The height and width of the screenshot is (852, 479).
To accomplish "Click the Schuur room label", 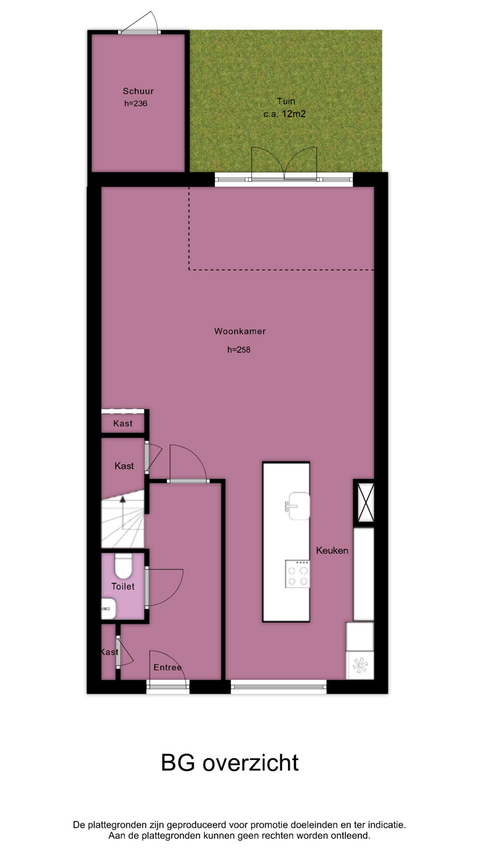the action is [138, 91].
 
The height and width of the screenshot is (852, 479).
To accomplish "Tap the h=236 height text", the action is [136, 103].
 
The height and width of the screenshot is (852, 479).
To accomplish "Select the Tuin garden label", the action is [286, 101].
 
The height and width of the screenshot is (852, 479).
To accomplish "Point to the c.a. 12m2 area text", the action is [284, 114].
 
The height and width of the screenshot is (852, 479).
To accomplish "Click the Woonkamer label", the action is [240, 331].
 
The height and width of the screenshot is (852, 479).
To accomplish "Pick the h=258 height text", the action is [239, 350].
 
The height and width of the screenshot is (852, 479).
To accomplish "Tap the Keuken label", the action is [332, 550].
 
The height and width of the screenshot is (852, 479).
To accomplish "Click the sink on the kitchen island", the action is [298, 505].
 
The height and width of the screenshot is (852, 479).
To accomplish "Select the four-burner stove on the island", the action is [298, 574].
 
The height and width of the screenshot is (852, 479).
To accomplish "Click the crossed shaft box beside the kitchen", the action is [364, 503].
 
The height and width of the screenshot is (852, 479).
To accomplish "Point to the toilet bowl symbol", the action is [123, 565].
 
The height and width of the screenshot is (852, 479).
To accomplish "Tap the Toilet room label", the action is [123, 586].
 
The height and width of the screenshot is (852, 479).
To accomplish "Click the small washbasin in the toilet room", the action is [109, 608].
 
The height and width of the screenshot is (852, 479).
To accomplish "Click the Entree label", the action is [168, 667].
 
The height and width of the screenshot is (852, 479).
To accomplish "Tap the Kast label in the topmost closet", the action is [123, 423].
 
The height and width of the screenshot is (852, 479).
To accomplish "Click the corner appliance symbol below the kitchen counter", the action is [360, 665].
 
